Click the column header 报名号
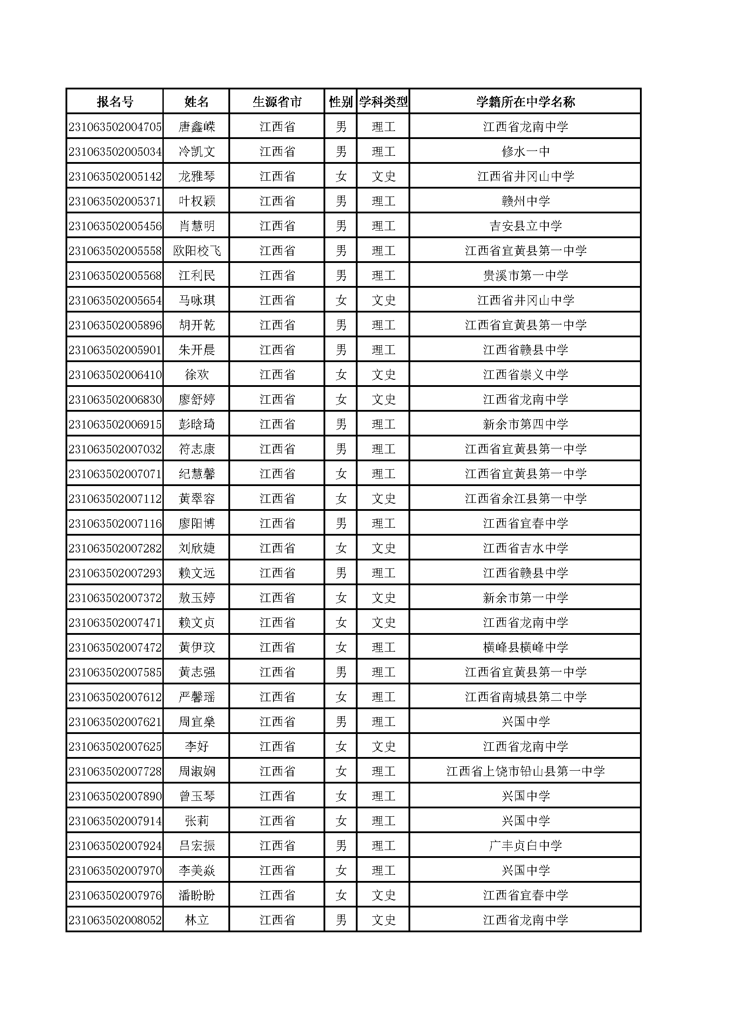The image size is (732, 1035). (x=115, y=102)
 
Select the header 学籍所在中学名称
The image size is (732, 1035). (x=525, y=102)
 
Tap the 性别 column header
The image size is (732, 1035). (x=340, y=102)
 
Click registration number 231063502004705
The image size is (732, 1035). (x=115, y=127)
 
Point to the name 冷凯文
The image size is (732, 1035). (x=196, y=152)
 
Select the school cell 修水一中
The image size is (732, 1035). (x=525, y=152)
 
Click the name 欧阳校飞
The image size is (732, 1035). (x=196, y=251)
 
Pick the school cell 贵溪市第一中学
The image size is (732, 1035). (x=525, y=276)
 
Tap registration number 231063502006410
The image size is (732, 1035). (x=115, y=375)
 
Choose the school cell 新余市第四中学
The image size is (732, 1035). (x=525, y=425)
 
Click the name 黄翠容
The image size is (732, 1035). (x=196, y=499)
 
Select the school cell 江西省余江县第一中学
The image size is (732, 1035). (x=525, y=499)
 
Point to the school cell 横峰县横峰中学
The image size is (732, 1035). (x=525, y=648)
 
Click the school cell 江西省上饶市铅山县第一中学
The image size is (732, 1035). (x=525, y=772)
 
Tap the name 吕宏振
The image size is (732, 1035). (x=196, y=846)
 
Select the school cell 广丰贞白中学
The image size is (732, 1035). (x=525, y=846)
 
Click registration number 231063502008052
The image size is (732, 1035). (x=115, y=920)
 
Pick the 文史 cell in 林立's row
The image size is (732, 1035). (x=383, y=920)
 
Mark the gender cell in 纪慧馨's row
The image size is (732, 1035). (x=341, y=474)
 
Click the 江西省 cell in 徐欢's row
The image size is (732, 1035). (x=277, y=375)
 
